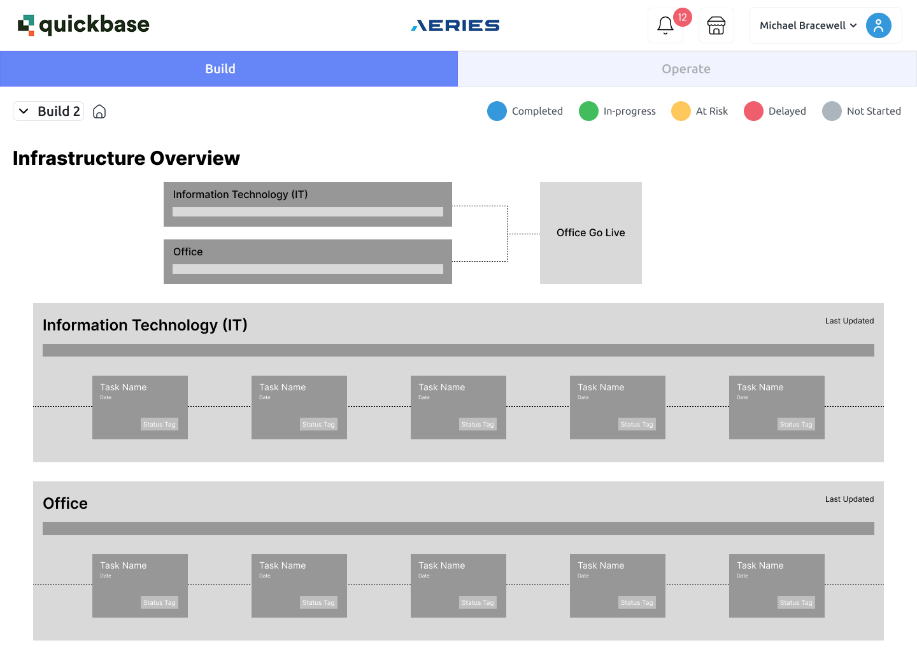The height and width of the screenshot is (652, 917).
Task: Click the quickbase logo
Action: click(x=83, y=25)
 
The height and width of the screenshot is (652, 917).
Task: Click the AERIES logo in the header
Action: click(x=455, y=25)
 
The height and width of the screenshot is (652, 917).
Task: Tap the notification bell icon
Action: click(x=665, y=25)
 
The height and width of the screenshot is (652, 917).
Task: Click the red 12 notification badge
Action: click(x=683, y=17)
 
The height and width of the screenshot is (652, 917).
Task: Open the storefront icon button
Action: click(x=716, y=25)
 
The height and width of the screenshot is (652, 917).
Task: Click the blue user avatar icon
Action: click(x=879, y=25)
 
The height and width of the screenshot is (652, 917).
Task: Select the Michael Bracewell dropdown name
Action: click(x=802, y=25)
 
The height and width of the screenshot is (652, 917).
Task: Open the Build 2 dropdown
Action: click(x=48, y=111)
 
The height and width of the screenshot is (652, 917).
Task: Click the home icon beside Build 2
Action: click(x=99, y=111)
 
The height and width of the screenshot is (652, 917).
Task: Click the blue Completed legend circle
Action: click(x=497, y=111)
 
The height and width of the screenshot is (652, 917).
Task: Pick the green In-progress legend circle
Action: click(x=588, y=111)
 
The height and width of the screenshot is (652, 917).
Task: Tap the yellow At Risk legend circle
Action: click(x=681, y=111)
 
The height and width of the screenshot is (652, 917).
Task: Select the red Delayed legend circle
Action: click(x=753, y=111)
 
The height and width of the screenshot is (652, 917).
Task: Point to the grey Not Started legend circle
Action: click(x=832, y=111)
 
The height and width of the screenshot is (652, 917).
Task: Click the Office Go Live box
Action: click(x=591, y=233)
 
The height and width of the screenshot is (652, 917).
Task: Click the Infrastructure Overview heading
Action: click(x=126, y=159)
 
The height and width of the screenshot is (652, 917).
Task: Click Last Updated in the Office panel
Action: click(x=849, y=499)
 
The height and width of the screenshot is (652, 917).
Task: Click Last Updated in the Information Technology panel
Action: click(x=849, y=321)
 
